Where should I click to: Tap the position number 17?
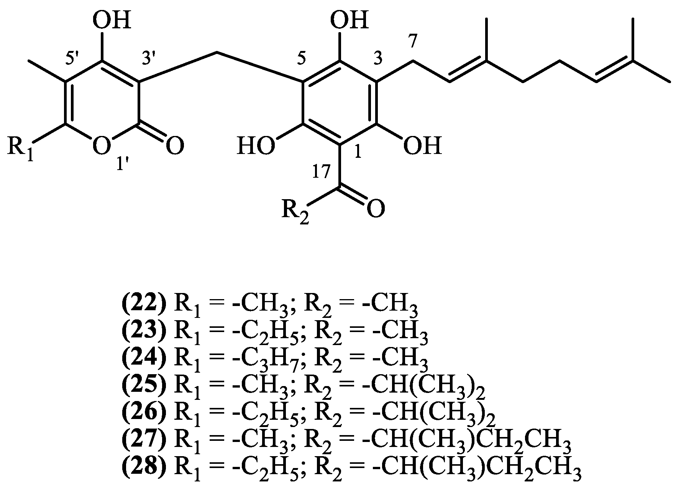pyautogui.click(x=321, y=173)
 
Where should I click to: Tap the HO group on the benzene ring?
pyautogui.click(x=256, y=147)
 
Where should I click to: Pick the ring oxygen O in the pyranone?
pyautogui.click(x=102, y=146)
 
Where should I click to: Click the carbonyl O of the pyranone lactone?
pyautogui.click(x=174, y=146)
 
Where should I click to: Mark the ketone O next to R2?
pyautogui.click(x=375, y=209)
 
